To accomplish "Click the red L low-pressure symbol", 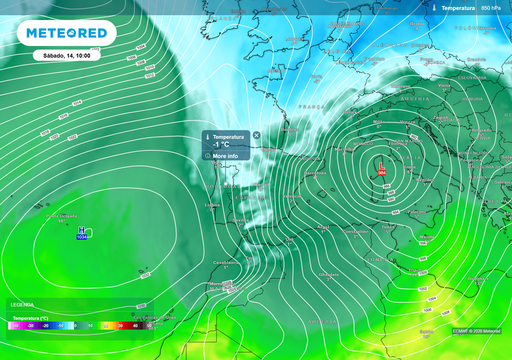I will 381,165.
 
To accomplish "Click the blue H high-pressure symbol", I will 82,229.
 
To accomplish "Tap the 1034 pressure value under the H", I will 82,236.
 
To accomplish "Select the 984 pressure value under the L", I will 382,173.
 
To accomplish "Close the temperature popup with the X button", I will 256,135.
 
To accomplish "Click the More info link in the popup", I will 225,156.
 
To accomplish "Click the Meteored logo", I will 66,33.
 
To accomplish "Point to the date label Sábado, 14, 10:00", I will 66,55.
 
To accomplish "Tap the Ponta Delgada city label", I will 61,216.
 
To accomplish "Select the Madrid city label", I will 261,184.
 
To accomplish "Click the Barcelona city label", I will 315,173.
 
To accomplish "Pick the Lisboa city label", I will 212,205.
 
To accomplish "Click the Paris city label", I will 316,76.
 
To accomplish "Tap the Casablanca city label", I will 226,262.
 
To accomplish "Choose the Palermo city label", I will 416,211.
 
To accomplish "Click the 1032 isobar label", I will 145,275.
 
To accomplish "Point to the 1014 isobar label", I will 77,102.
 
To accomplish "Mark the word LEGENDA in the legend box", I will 22,304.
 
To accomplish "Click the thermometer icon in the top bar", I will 434,8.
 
